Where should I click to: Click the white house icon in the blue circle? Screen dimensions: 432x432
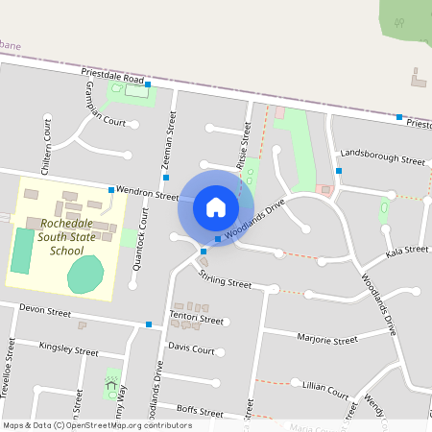(x=216, y=206)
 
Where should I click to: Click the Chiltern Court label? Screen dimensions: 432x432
(x=46, y=141)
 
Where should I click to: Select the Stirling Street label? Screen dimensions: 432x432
(x=223, y=279)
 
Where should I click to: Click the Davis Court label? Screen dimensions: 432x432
(x=191, y=348)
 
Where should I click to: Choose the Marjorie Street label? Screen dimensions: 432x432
(x=327, y=339)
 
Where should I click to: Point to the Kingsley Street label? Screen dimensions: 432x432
(x=68, y=348)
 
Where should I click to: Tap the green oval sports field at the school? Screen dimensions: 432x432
(x=84, y=275)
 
